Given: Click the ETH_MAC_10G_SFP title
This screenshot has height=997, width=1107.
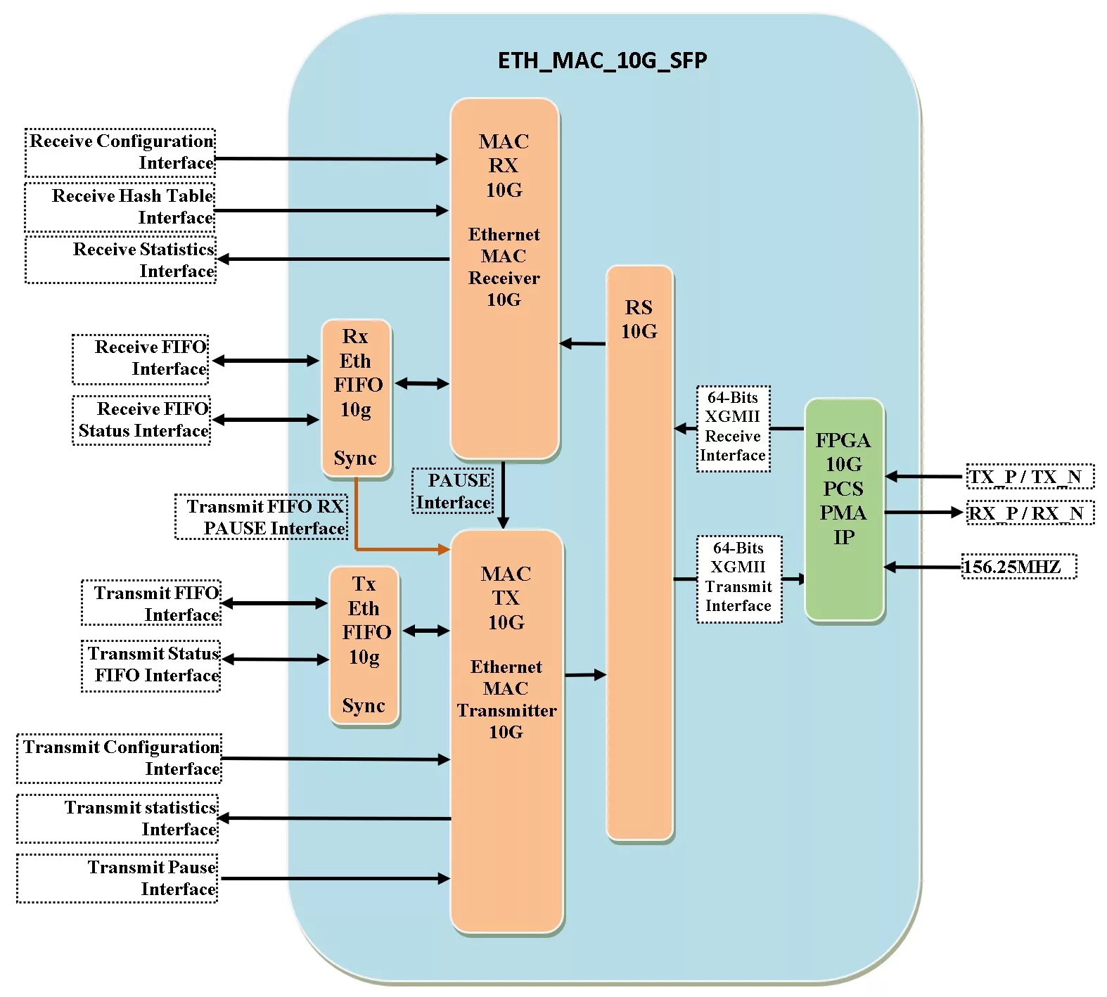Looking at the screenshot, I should point(602,60).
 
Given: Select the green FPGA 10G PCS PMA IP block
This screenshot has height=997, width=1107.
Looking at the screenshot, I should point(844,509).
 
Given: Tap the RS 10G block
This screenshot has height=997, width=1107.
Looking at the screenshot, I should point(639,552).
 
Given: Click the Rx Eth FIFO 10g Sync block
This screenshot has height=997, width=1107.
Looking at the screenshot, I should point(356,398).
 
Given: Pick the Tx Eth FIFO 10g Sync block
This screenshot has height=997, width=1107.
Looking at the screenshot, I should point(364,645).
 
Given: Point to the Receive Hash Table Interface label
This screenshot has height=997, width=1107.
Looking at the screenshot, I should point(120,207).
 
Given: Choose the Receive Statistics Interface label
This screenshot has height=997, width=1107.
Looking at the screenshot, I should point(121,260).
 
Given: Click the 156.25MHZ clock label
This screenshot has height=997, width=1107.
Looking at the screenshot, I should point(1018,567).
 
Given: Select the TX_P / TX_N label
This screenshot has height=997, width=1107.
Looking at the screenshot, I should point(1030,477).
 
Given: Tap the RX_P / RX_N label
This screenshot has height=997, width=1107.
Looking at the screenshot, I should point(1030,513).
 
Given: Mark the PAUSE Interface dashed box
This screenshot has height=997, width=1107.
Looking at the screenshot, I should point(453,491).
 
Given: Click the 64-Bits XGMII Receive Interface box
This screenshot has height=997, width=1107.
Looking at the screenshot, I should point(733,427).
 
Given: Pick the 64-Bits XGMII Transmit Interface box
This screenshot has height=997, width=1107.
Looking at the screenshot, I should point(738,578).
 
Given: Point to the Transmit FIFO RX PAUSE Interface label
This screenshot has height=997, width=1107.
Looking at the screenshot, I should point(262,517).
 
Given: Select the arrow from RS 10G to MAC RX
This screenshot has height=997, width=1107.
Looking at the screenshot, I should point(582,343).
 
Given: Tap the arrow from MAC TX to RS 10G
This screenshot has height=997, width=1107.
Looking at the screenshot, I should point(585,675).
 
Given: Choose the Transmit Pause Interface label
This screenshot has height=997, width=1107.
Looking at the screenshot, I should point(117,878).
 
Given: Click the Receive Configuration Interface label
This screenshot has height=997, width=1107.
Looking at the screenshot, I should point(120,152).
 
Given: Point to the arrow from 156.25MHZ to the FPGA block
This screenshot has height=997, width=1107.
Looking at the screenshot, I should point(923,567).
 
